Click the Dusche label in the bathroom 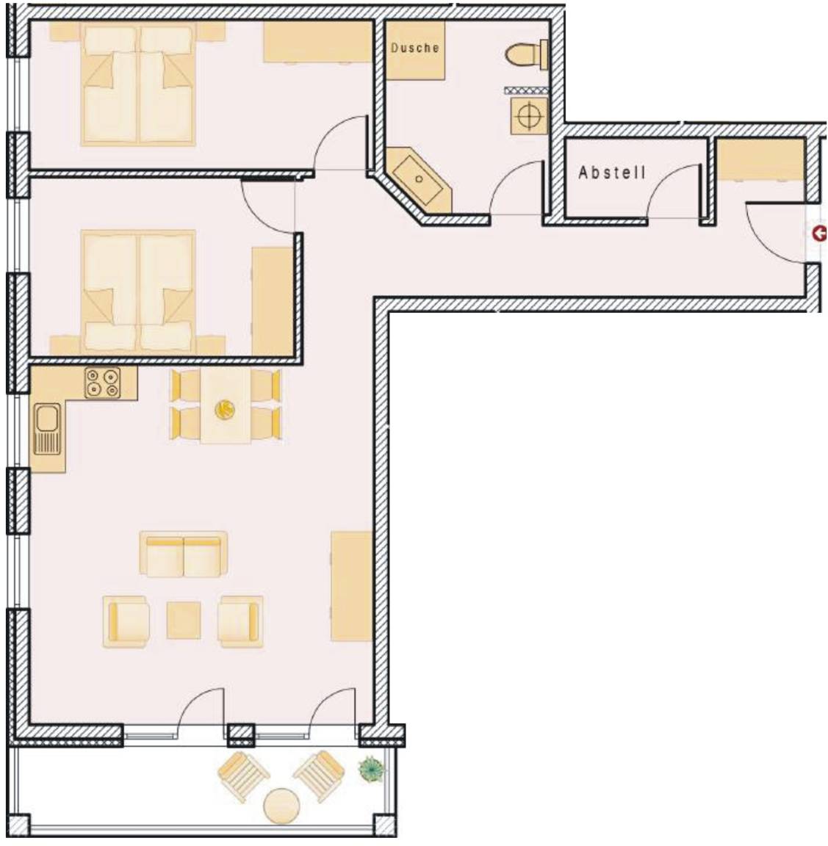[x=414, y=48]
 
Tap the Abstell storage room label [x=612, y=172]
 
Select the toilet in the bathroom [x=526, y=54]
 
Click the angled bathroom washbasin [x=419, y=180]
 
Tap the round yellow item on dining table [x=224, y=410]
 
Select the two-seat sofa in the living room [x=184, y=554]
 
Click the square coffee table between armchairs [x=184, y=621]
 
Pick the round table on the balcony [x=281, y=806]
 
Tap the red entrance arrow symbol [x=819, y=234]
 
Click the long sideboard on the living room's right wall [x=351, y=586]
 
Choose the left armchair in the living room [x=126, y=621]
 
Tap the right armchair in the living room [x=240, y=621]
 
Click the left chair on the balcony [x=243, y=774]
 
